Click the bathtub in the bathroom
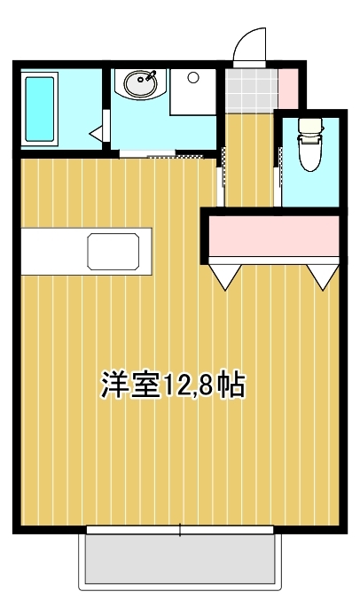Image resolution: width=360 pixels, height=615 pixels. click(x=40, y=109)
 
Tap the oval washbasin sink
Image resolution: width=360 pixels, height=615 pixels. click(x=141, y=82)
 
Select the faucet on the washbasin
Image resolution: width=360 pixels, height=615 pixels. click(x=151, y=75)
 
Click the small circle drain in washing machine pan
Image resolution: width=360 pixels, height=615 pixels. click(x=192, y=78)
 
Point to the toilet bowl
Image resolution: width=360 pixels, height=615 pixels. click(x=311, y=152)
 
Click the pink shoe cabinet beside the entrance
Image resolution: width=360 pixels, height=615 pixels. click(x=288, y=89)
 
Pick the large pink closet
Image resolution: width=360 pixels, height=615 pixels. click(x=274, y=236)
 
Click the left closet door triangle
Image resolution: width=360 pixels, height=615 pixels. click(x=224, y=276)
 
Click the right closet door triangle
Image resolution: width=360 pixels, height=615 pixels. click(x=322, y=276)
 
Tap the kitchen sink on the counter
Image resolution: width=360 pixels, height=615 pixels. click(x=113, y=252)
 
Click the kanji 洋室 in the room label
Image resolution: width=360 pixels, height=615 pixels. click(x=130, y=385)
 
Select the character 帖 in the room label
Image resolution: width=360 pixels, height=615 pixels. click(x=231, y=385)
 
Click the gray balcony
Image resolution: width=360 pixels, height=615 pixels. click(x=180, y=559)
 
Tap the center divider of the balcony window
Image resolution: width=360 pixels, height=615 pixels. click(x=180, y=530)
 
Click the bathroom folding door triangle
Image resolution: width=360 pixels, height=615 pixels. click(x=96, y=133)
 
